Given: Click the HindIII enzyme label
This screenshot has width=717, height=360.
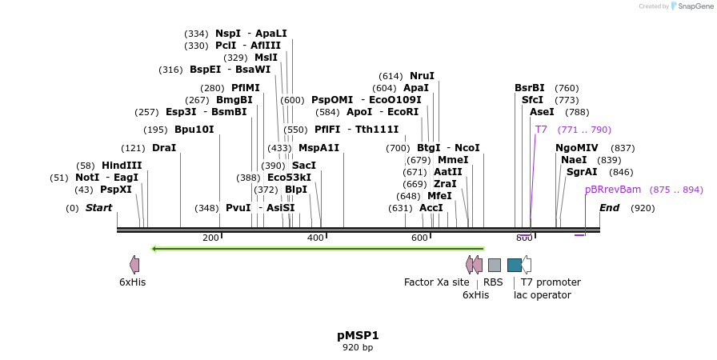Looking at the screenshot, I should [122, 165].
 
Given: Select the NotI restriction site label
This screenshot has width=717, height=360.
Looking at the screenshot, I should [87, 177].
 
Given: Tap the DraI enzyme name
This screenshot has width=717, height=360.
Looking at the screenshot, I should [164, 148].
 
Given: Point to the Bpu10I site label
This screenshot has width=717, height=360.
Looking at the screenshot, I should [194, 130].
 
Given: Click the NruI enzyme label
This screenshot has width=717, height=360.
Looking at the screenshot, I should [422, 75].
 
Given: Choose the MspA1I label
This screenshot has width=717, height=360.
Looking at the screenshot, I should [318, 148].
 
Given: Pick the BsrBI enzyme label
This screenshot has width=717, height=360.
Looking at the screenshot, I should [529, 87].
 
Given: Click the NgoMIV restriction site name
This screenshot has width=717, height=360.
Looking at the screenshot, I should [576, 148].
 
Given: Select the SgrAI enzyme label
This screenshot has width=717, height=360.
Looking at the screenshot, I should [582, 172].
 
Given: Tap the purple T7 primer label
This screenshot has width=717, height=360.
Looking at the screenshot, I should [541, 130].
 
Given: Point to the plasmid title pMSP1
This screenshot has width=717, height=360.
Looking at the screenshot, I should [358, 335].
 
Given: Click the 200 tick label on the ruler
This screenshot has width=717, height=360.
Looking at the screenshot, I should [210, 238].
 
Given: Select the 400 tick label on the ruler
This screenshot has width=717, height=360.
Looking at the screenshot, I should [315, 238].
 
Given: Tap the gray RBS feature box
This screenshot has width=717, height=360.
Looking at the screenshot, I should [495, 265].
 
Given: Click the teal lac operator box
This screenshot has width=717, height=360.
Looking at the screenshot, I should [515, 265].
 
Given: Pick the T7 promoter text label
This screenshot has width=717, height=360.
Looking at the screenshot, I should [551, 282].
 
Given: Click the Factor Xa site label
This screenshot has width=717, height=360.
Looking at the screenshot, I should [436, 282].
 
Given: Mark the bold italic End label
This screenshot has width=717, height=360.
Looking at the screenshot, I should [609, 208].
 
